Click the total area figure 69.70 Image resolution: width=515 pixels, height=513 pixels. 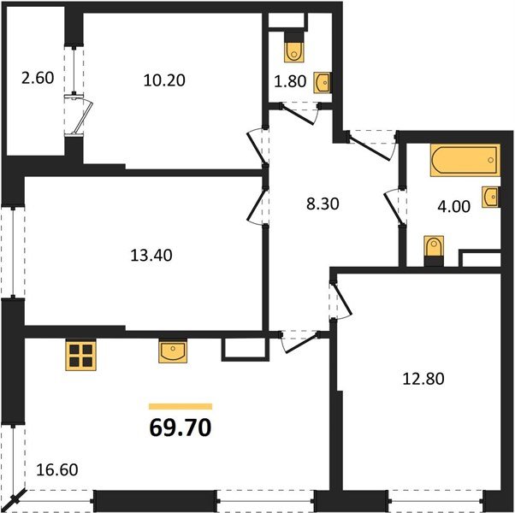(180, 427)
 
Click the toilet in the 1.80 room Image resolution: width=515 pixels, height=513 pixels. (295, 48)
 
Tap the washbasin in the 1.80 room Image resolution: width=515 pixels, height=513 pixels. (322, 82)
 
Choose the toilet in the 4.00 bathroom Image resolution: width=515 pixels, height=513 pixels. (434, 249)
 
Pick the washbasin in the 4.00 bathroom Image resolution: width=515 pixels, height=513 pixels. (490, 197)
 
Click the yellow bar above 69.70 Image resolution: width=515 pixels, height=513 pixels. (180, 406)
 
